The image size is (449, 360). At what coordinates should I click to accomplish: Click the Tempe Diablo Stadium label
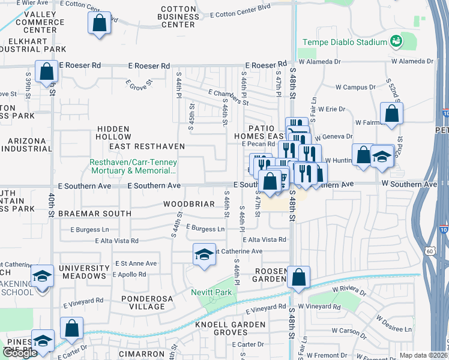(x=344, y=42)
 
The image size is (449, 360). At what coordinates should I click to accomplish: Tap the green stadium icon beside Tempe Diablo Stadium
(x=396, y=41)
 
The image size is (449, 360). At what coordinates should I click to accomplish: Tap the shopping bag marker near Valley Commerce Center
(x=100, y=23)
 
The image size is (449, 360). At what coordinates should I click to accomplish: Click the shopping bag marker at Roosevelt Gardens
(x=298, y=277)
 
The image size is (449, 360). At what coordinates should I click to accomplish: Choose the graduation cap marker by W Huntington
(x=382, y=156)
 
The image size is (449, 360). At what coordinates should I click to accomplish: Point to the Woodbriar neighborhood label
(x=189, y=204)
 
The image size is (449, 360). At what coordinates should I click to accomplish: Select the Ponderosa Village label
(x=143, y=302)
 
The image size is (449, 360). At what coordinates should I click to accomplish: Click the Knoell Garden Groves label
(x=230, y=328)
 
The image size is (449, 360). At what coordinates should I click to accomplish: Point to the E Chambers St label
(x=228, y=97)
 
